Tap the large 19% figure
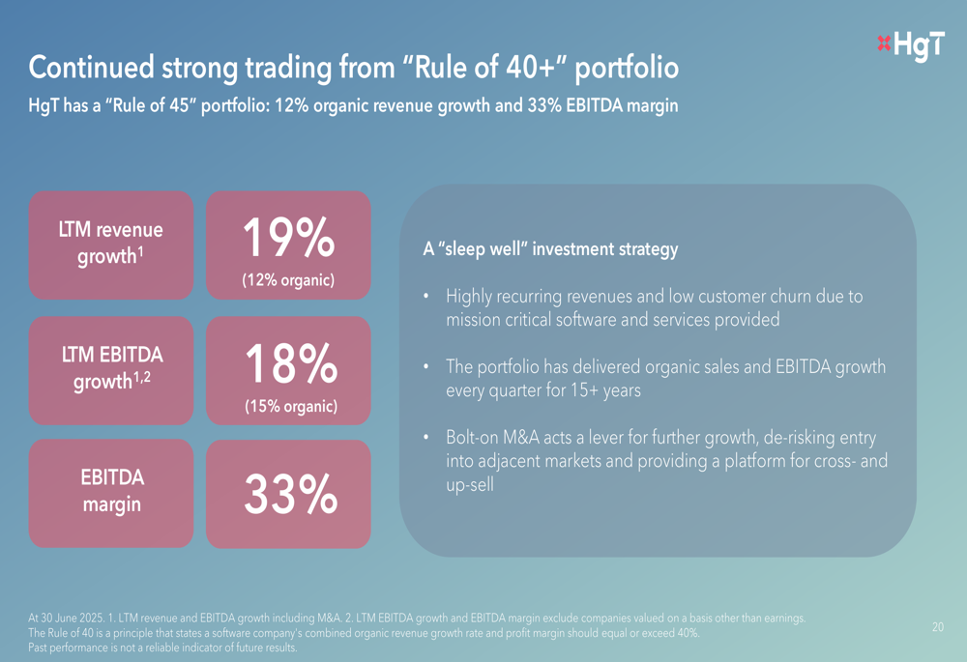click(x=288, y=238)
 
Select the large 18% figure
click(x=288, y=363)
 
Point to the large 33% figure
click(x=288, y=495)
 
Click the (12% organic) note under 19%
click(x=288, y=281)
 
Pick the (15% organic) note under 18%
click(x=289, y=407)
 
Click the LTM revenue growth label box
click(x=111, y=245)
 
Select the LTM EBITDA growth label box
click(x=111, y=370)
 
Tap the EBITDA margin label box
click(x=111, y=491)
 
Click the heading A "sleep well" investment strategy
click(x=550, y=249)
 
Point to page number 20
click(x=938, y=627)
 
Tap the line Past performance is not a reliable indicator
click(x=163, y=648)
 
